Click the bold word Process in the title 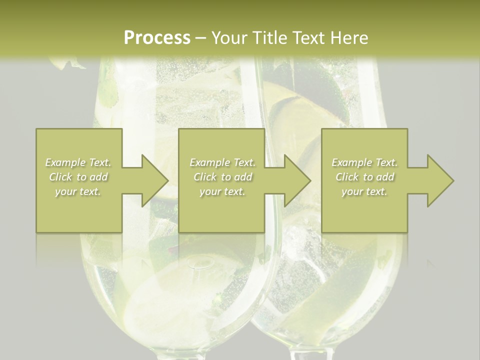point(157,37)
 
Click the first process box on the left point(79,145)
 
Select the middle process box point(221,145)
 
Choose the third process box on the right point(364,145)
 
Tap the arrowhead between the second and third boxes point(297,180)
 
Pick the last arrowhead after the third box point(439,180)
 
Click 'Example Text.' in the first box point(78,162)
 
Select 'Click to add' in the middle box point(222,177)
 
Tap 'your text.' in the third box point(364,191)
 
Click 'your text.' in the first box point(78,191)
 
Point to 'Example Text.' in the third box point(364,162)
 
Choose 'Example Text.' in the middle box point(222,162)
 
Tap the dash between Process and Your point(200,38)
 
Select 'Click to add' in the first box point(78,177)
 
